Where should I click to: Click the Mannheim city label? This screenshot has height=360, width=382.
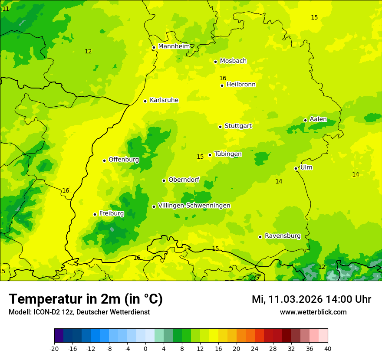(x=174, y=46)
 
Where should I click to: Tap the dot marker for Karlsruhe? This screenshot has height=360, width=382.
(x=145, y=101)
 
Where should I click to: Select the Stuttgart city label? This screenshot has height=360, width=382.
(x=238, y=126)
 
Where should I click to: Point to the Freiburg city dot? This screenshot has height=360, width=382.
(x=95, y=214)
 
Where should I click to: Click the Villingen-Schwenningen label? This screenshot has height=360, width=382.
(x=194, y=206)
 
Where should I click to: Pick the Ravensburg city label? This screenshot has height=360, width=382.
(x=283, y=236)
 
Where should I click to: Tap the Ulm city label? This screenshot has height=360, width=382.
(x=306, y=167)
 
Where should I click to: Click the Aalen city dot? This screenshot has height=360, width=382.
(x=305, y=120)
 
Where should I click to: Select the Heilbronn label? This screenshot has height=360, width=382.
(x=241, y=85)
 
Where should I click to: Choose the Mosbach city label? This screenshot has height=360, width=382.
(x=233, y=61)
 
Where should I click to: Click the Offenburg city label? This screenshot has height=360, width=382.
(x=124, y=160)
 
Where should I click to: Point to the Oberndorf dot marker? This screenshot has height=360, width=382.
(x=164, y=180)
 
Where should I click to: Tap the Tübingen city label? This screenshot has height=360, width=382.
(x=228, y=154)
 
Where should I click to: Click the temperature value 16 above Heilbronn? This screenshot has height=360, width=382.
(x=223, y=79)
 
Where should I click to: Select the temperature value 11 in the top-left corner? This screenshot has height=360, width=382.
(x=6, y=9)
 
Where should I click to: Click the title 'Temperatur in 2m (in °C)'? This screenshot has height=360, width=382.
(x=86, y=299)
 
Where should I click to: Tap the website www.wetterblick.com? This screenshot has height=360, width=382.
(x=313, y=312)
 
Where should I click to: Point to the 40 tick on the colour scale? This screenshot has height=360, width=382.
(x=327, y=348)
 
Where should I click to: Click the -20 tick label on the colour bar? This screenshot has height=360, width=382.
(x=54, y=348)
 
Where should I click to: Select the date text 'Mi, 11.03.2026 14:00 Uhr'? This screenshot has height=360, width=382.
(x=311, y=299)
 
